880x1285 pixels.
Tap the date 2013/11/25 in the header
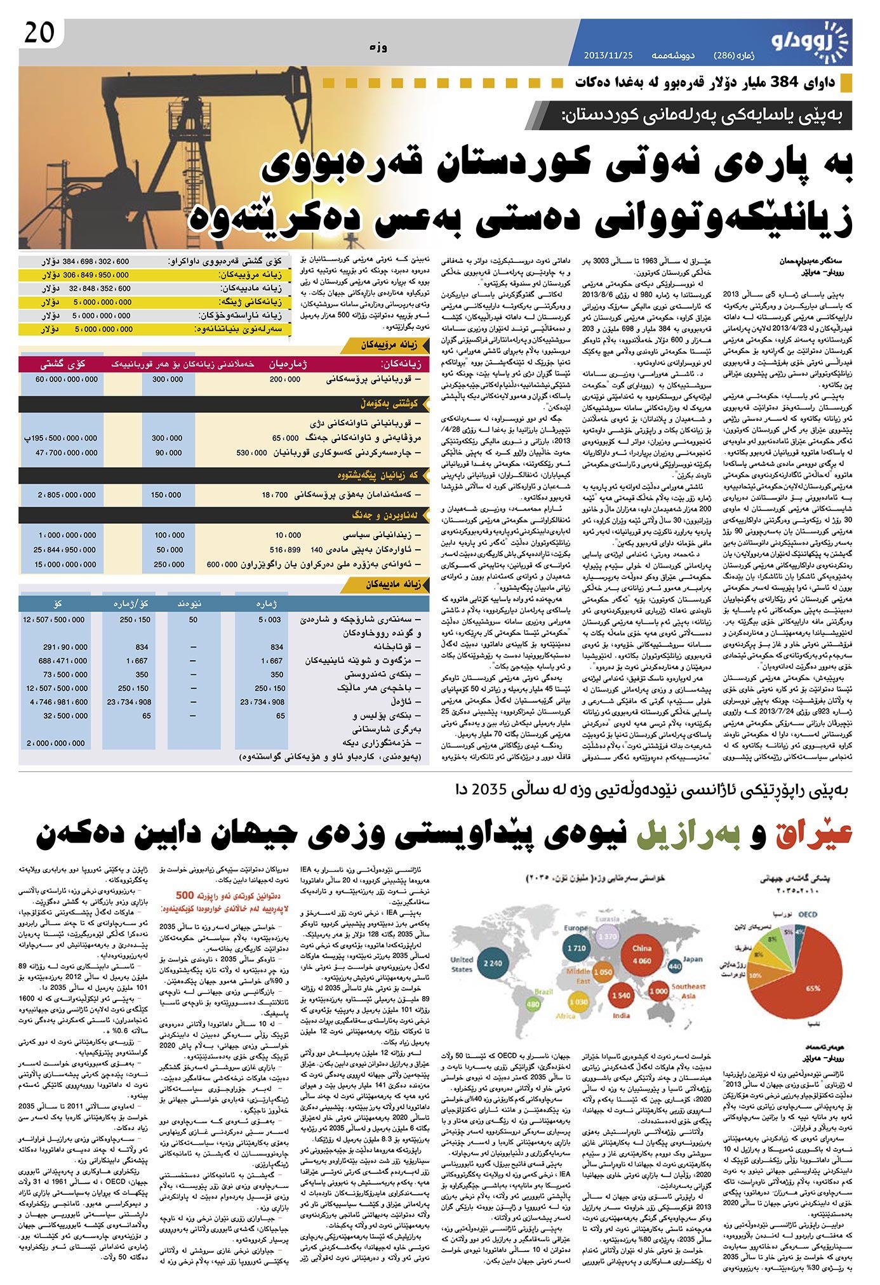click(608, 55)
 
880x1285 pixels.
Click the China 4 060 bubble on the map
click(641, 955)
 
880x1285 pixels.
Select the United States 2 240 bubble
click(492, 962)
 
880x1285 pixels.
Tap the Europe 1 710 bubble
click(577, 947)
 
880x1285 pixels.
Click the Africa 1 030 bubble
click(578, 1002)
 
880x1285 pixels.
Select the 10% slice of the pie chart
click(757, 975)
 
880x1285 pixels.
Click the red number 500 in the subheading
click(185, 895)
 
